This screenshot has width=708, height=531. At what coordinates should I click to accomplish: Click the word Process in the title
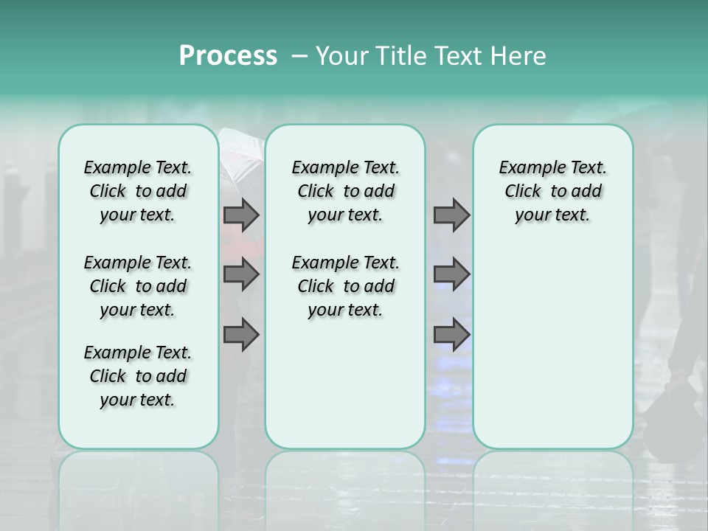[228, 56]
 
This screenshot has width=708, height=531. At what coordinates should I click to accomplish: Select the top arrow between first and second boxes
[241, 215]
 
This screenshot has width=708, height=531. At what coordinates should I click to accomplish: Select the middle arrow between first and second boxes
[241, 274]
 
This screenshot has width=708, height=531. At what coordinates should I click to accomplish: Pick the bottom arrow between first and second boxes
[241, 335]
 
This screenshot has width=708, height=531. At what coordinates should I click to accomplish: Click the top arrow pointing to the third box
[451, 215]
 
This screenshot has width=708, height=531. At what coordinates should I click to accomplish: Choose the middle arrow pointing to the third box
[451, 274]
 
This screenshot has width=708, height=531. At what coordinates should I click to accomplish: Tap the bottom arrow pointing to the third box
[451, 335]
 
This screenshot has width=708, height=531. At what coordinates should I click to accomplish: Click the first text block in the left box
[138, 191]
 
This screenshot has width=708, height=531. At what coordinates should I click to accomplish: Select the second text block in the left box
[138, 286]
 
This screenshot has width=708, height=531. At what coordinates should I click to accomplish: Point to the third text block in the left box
[138, 376]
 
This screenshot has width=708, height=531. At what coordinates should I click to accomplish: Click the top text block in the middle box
[345, 191]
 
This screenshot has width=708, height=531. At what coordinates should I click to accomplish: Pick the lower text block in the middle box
[345, 286]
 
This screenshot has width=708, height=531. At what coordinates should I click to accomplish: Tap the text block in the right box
[552, 191]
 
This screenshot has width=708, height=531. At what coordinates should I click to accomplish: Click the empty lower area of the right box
[552, 347]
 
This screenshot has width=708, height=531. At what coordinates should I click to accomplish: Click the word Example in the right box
[527, 168]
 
